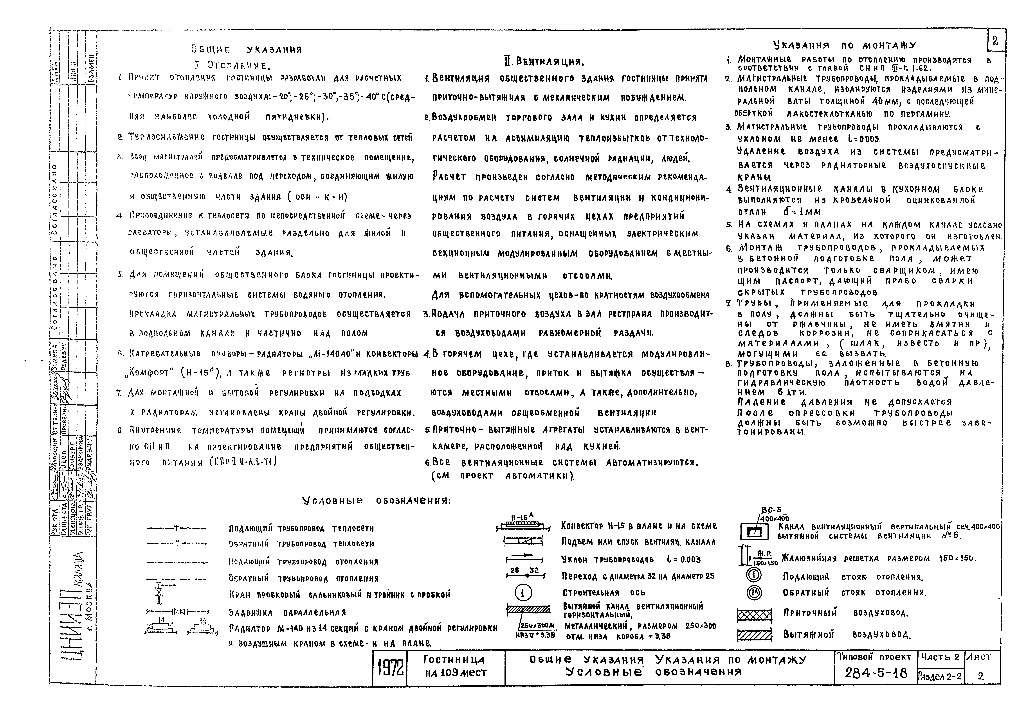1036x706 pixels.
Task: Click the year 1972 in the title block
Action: [x=390, y=668]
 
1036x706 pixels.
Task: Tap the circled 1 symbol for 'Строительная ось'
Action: [x=523, y=593]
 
